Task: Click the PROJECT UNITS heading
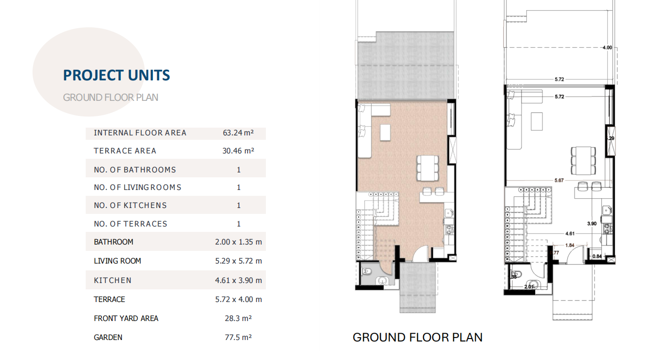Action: (116, 76)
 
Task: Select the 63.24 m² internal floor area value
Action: (238, 133)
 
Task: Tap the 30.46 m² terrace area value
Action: (238, 151)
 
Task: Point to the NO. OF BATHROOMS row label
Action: (135, 170)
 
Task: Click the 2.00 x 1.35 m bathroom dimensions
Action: (238, 242)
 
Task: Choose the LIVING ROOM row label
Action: (117, 261)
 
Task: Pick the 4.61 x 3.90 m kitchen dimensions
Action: (238, 280)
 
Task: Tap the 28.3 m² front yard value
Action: (238, 319)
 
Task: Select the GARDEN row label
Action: (108, 338)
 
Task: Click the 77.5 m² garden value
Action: (238, 337)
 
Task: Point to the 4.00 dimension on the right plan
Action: (607, 48)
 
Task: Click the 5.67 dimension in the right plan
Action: (559, 181)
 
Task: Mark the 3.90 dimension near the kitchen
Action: (592, 224)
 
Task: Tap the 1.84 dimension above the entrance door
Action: (570, 246)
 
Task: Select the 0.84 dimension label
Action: (597, 256)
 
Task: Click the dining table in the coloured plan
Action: (428, 168)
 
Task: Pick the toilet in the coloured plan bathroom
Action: (367, 272)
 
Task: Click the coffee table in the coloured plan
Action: (385, 133)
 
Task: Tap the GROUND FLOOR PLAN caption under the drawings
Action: (417, 338)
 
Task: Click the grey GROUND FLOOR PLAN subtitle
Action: (111, 98)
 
